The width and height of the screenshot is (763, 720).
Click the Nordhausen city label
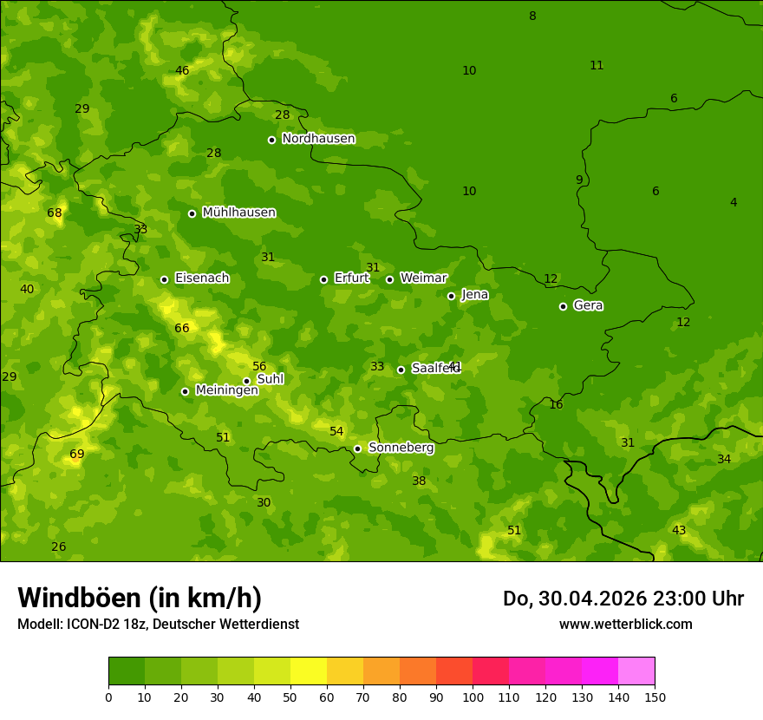(x=318, y=139)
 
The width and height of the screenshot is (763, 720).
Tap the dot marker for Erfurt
(x=323, y=279)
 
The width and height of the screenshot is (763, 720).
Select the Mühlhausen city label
(x=238, y=213)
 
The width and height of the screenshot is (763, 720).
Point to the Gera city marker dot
(x=563, y=306)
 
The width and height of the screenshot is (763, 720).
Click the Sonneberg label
(x=401, y=448)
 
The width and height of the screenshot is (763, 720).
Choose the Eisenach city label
(x=201, y=278)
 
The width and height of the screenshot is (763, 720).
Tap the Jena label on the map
(x=474, y=295)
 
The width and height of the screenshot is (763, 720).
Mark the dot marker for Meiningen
(x=185, y=391)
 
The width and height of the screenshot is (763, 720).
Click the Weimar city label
(x=423, y=278)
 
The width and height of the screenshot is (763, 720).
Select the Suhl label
(x=271, y=379)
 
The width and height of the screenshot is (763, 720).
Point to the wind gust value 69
(x=77, y=455)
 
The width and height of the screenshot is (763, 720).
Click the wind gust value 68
(x=55, y=213)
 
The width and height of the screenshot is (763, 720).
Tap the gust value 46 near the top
(x=182, y=71)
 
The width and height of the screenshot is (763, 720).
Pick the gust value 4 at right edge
(x=734, y=203)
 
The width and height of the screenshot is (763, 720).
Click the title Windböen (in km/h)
(x=140, y=598)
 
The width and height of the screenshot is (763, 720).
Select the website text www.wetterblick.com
(x=625, y=624)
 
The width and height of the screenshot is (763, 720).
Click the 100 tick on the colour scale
(x=473, y=697)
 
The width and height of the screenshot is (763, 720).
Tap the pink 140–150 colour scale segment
(x=636, y=671)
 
